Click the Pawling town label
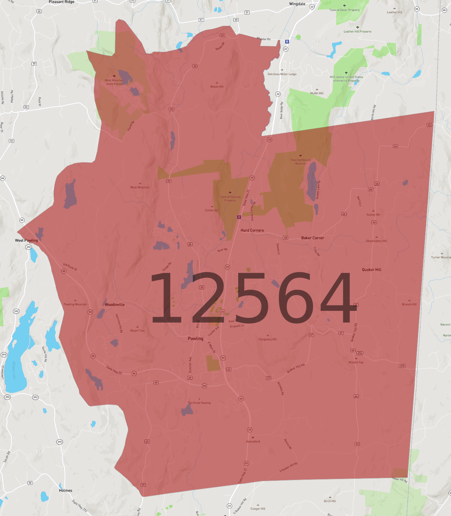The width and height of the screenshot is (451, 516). point(195,339)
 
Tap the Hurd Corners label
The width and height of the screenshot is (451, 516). point(252,230)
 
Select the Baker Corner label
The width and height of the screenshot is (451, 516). point(313,238)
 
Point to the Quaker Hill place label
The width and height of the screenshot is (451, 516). point(372,270)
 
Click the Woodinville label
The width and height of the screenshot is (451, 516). point(115,305)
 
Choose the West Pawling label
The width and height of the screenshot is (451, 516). point(26,240)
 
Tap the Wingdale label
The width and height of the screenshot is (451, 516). point(297,4)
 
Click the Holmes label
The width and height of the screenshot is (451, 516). point(66,491)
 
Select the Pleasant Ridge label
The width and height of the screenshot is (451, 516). point(62,2)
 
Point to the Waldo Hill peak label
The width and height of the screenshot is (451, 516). point(217,87)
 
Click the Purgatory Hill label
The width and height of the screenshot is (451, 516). point(268,339)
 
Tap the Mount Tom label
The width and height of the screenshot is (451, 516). point(137,331)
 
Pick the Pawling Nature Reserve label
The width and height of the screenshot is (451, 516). point(301,162)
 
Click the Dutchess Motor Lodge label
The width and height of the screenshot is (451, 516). point(282,74)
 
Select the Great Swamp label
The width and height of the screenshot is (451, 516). point(199,403)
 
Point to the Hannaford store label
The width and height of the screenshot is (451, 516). point(253,442)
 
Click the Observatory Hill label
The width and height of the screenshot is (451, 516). point(376,241)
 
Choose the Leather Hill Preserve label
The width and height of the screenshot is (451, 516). point(358,32)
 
